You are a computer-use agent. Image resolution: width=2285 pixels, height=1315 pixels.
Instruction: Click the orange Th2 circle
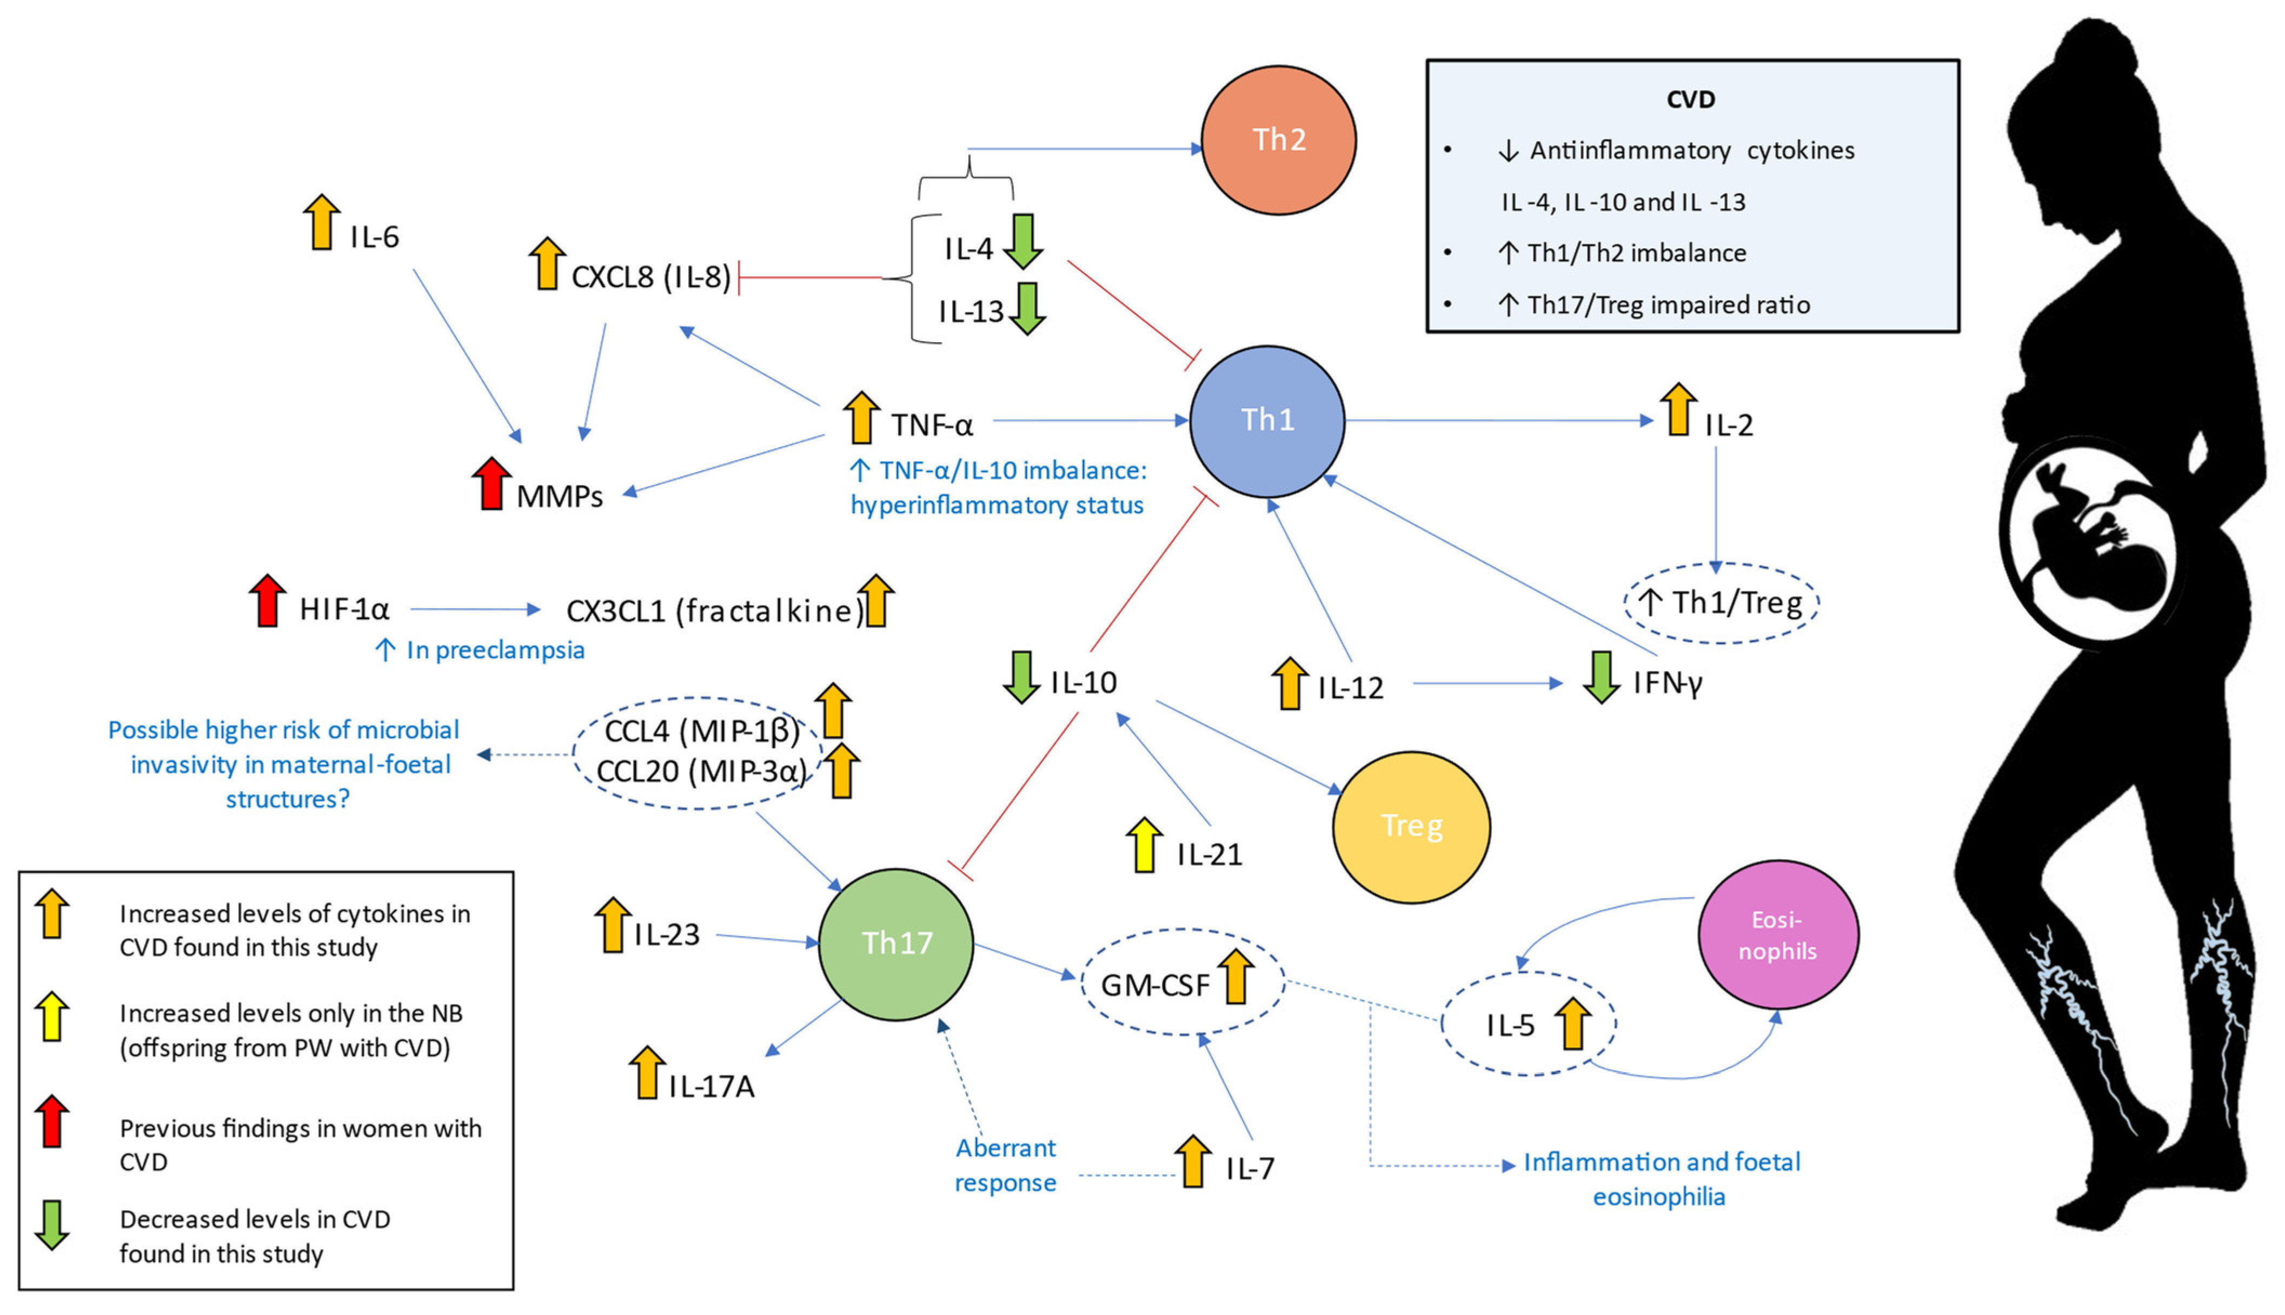pyautogui.click(x=1278, y=140)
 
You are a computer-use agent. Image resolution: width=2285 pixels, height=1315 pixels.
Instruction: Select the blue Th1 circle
pyautogui.click(x=1267, y=421)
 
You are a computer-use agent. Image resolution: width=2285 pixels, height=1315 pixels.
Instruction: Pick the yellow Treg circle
pyautogui.click(x=1411, y=827)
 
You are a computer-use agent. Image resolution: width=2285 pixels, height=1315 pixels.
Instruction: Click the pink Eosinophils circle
pyautogui.click(x=1777, y=935)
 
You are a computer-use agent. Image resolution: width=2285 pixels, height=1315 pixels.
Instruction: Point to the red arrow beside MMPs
pyautogui.click(x=491, y=483)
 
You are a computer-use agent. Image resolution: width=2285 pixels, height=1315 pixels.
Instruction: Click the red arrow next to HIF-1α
pyautogui.click(x=267, y=600)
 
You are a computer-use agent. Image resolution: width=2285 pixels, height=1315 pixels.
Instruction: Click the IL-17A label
pyautogui.click(x=712, y=1086)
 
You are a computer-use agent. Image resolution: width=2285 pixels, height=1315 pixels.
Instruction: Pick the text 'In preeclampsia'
pyautogui.click(x=495, y=650)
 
